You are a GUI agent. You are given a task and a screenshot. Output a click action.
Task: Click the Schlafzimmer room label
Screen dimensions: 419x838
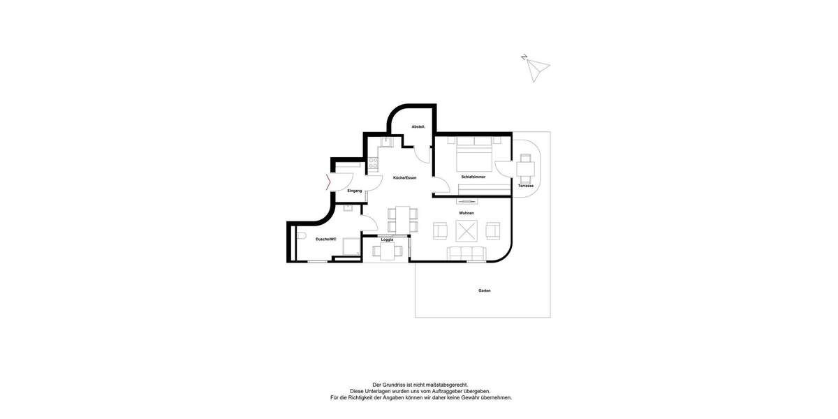[x=473, y=177]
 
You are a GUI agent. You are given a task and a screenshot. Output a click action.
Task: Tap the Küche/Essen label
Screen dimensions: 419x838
[x=404, y=178]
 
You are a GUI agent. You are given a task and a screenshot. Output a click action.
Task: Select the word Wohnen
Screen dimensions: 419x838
[x=466, y=213]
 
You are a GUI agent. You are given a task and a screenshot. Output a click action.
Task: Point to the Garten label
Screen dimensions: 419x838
[x=484, y=291]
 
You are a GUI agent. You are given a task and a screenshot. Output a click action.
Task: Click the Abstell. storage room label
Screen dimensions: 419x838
[x=418, y=126]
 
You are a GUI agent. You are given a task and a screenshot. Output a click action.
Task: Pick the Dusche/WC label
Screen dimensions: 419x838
[x=325, y=240]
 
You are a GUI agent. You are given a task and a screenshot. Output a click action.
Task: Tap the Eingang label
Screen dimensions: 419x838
[x=355, y=191]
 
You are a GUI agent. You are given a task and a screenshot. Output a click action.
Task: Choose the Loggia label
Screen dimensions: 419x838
[x=387, y=240]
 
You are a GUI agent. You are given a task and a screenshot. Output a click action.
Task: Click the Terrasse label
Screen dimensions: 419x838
[x=526, y=186]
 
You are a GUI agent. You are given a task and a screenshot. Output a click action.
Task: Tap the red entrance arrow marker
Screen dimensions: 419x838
[x=328, y=183]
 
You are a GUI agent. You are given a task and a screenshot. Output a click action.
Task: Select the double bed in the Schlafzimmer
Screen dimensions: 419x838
[x=476, y=154]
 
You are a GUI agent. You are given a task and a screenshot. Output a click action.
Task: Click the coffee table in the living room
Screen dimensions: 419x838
[x=466, y=230]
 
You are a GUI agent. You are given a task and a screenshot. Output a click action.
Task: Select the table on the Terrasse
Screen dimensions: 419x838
[x=526, y=167]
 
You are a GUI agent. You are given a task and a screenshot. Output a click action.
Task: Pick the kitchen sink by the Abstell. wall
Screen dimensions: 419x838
[x=388, y=141]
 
